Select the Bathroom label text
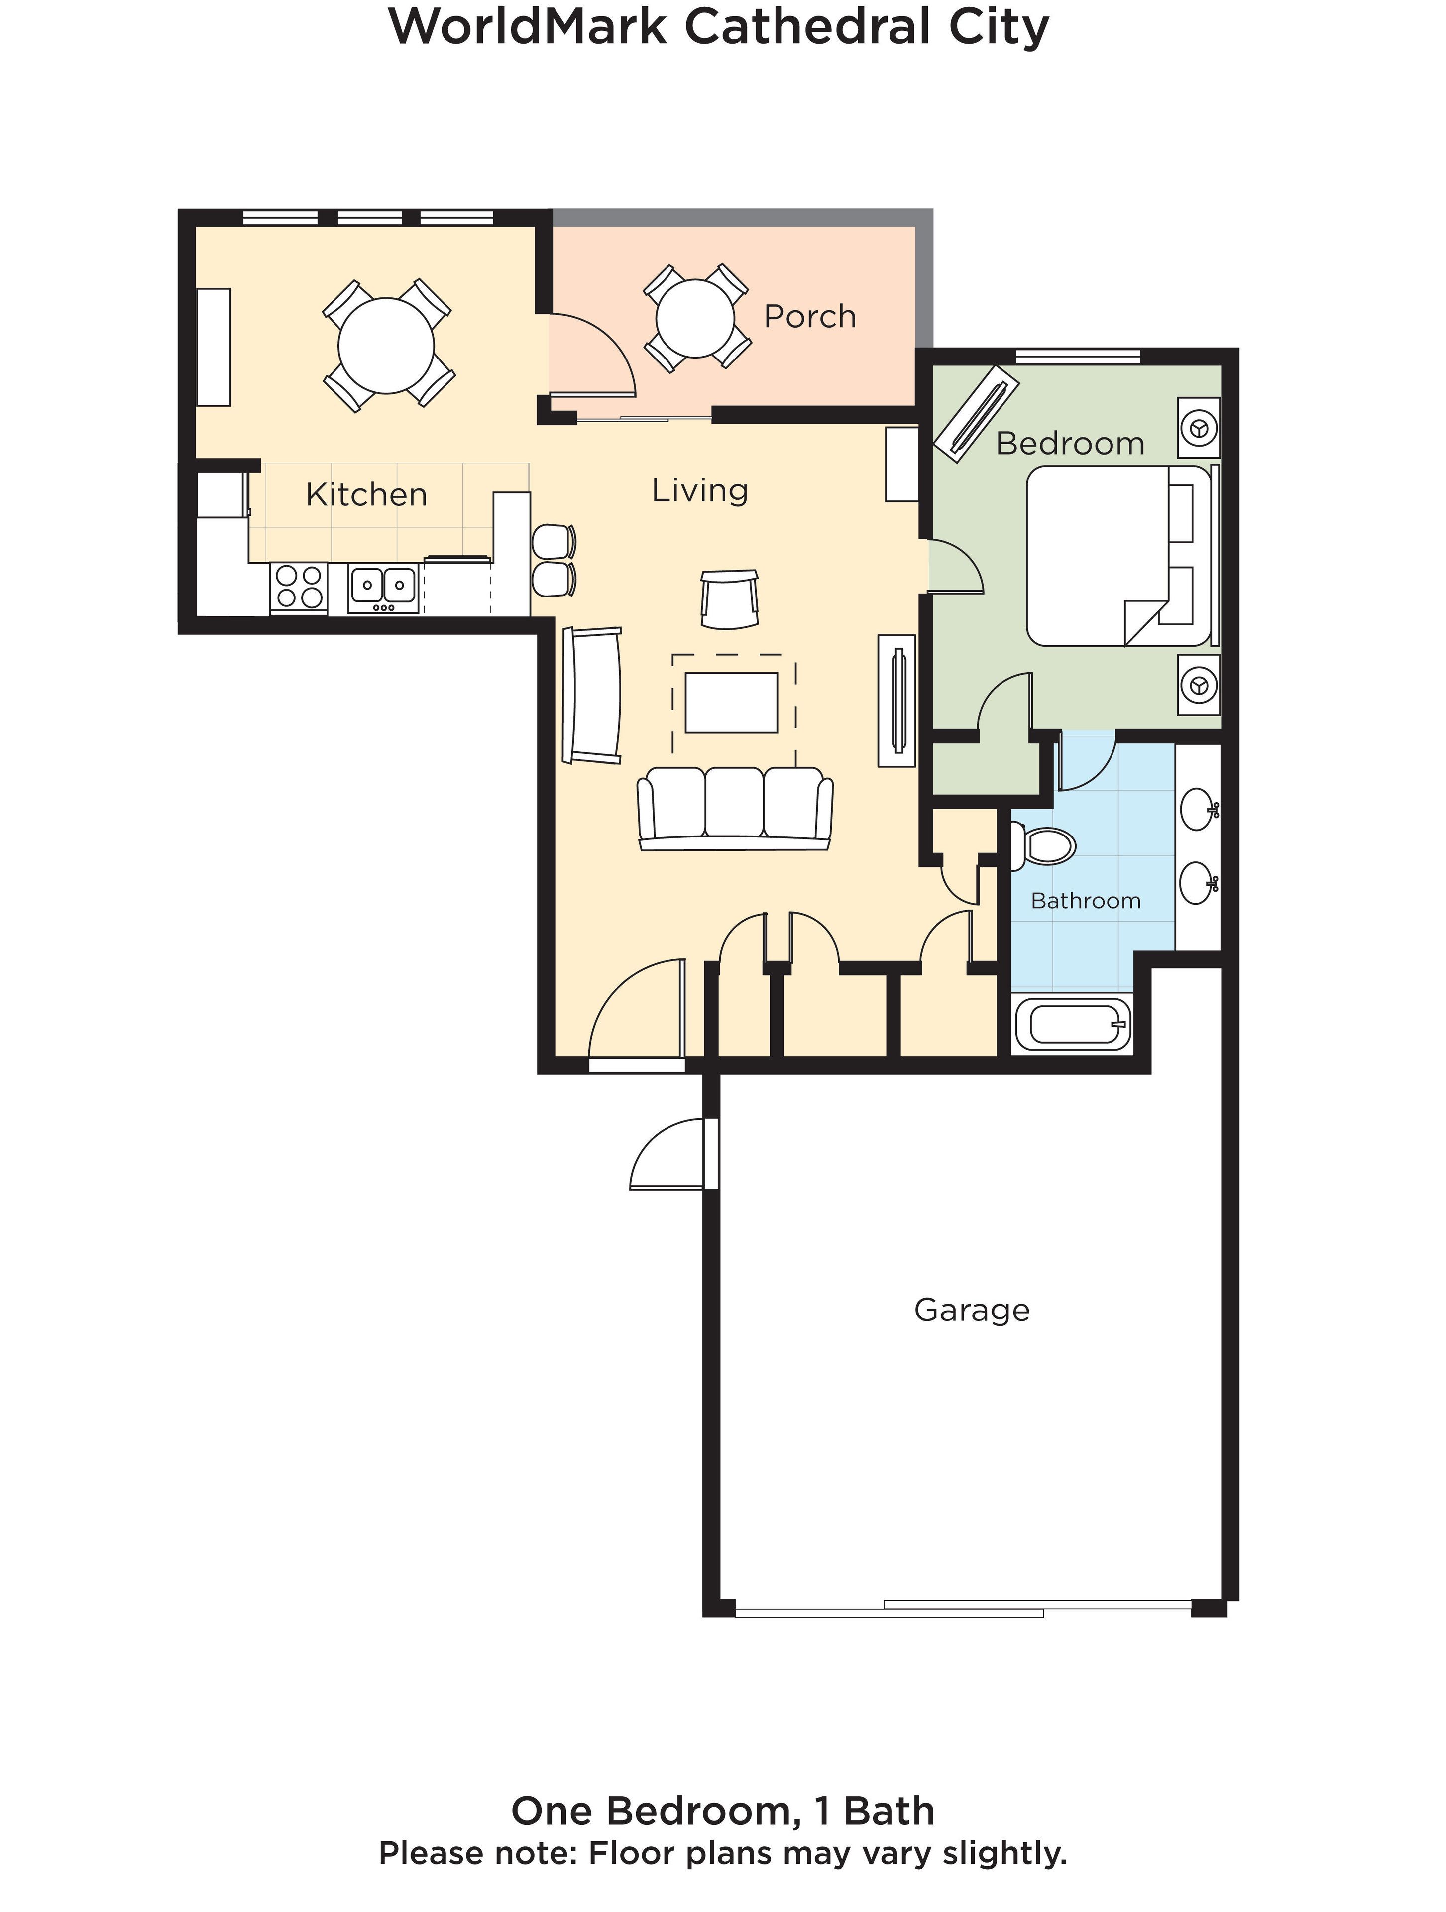pyautogui.click(x=1086, y=901)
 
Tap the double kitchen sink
pyautogui.click(x=383, y=587)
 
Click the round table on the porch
pyautogui.click(x=695, y=318)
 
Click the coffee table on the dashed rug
pyautogui.click(x=731, y=703)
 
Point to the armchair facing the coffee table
pyautogui.click(x=730, y=598)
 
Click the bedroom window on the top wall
pyautogui.click(x=1077, y=355)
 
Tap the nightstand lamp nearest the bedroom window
pyautogui.click(x=1199, y=428)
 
